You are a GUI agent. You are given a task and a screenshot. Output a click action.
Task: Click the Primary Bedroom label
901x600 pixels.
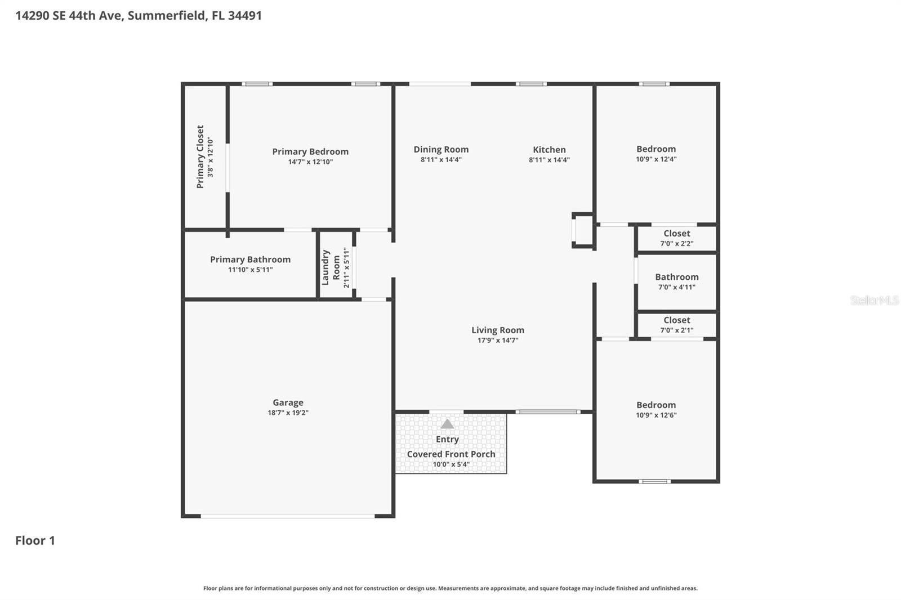[x=310, y=151]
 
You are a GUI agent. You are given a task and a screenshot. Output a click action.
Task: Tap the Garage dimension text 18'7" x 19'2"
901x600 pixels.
[x=288, y=413]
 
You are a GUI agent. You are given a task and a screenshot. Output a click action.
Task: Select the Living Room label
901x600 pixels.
[x=498, y=330]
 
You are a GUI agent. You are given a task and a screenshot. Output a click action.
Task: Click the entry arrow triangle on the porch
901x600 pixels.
[x=447, y=424]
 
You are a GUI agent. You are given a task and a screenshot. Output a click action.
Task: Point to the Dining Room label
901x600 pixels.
[x=441, y=149]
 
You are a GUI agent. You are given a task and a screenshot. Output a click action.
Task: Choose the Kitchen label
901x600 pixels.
[x=549, y=150]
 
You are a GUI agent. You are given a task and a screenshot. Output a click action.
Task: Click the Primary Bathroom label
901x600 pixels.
[x=250, y=259]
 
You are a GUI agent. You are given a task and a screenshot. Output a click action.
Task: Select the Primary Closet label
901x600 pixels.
[x=200, y=156]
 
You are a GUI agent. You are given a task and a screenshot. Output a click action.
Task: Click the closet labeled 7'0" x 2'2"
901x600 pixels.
[x=676, y=234]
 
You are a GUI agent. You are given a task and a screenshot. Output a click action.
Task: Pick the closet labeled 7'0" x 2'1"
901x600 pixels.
[x=676, y=320]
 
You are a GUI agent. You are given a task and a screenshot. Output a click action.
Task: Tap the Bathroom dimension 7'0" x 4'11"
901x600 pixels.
[x=676, y=287]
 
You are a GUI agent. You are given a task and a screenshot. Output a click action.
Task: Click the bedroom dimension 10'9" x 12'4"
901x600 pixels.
[x=656, y=159]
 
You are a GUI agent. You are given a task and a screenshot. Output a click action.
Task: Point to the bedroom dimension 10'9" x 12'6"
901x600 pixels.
[x=656, y=415]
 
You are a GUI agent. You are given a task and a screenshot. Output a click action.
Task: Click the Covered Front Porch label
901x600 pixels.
[x=451, y=454]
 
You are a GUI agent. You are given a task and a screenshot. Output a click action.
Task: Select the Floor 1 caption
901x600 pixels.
[x=35, y=541]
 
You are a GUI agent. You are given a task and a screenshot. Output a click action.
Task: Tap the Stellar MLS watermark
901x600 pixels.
[x=874, y=301]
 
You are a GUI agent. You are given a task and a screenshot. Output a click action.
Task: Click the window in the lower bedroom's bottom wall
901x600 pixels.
[x=654, y=481]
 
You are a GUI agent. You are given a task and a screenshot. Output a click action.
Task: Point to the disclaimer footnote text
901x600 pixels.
[x=450, y=588]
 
